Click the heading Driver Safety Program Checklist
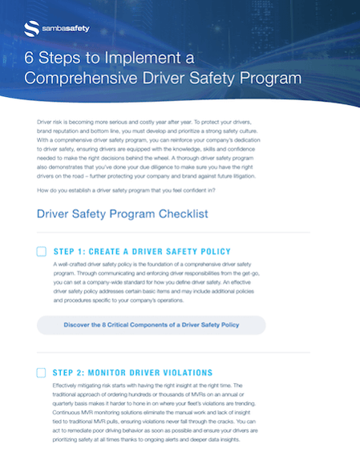[123, 214]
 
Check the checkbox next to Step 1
[42, 252]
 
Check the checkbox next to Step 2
[42, 373]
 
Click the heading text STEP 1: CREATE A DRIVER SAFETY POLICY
[141, 252]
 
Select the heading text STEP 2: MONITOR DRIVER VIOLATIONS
[132, 373]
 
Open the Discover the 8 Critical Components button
[152, 325]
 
